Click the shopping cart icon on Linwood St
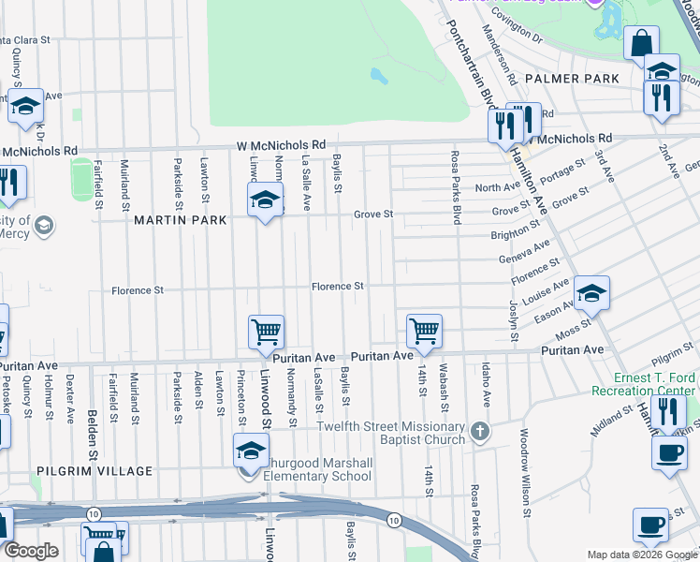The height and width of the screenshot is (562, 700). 267,332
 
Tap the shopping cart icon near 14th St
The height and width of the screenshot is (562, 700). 425,331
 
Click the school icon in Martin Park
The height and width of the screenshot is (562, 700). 266,200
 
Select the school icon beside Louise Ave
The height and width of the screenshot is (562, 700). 591,294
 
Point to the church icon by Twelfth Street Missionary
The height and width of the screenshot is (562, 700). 480,432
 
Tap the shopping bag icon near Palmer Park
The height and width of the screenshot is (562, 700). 641,43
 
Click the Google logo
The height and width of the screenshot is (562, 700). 31,551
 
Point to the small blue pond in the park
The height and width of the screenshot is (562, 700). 379,76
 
